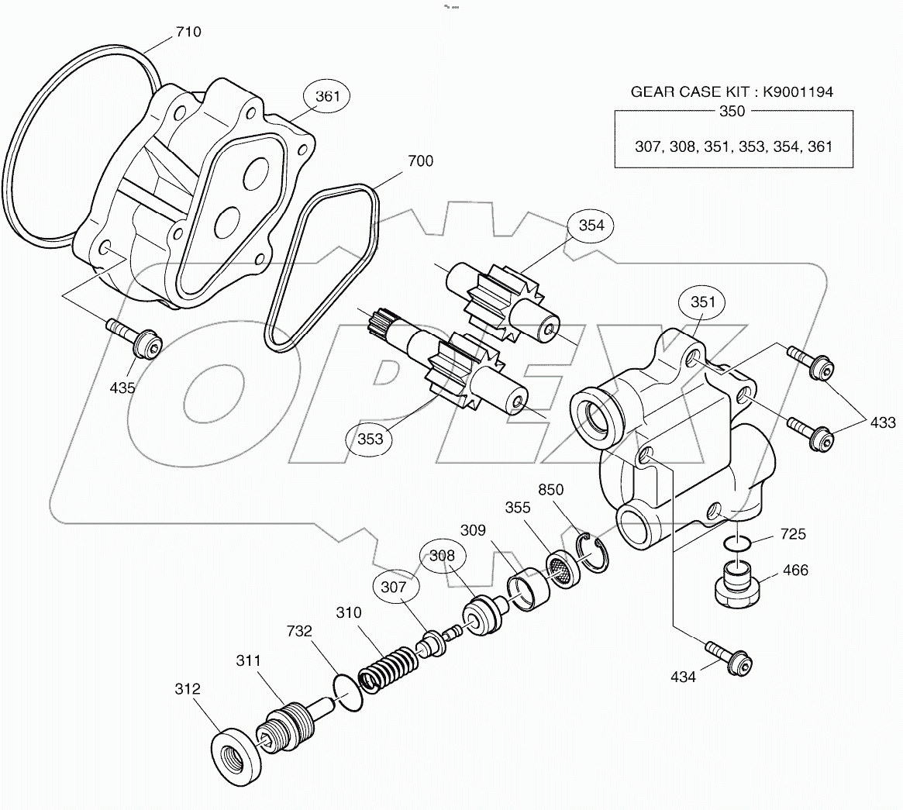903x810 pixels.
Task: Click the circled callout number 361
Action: point(327,97)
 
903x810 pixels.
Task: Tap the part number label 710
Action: point(188,32)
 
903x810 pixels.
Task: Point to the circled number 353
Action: point(371,439)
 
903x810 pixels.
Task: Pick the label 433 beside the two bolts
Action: point(881,422)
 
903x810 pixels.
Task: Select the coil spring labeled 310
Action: point(388,665)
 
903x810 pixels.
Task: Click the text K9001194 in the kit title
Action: point(798,91)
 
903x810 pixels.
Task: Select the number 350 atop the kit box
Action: point(732,111)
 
